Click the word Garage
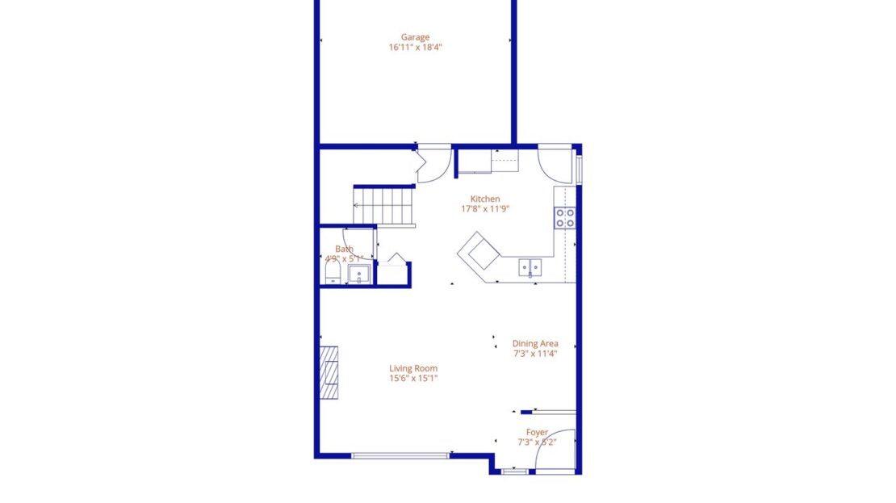pyautogui.click(x=415, y=37)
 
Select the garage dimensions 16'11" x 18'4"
pyautogui.click(x=415, y=48)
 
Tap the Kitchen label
pyautogui.click(x=485, y=199)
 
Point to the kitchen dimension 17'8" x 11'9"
pyautogui.click(x=485, y=209)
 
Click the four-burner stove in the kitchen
pyautogui.click(x=564, y=216)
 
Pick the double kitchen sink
pyautogui.click(x=530, y=266)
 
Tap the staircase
pyautogui.click(x=384, y=205)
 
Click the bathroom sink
pyautogui.click(x=359, y=275)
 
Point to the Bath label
pyautogui.click(x=344, y=249)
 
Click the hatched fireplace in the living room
pyautogui.click(x=329, y=373)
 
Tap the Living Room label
pyautogui.click(x=414, y=368)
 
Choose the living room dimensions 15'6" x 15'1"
pyautogui.click(x=414, y=378)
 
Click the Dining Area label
pyautogui.click(x=534, y=343)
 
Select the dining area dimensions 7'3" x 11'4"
pyautogui.click(x=534, y=353)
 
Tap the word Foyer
pyautogui.click(x=537, y=433)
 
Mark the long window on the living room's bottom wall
pyautogui.click(x=400, y=455)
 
